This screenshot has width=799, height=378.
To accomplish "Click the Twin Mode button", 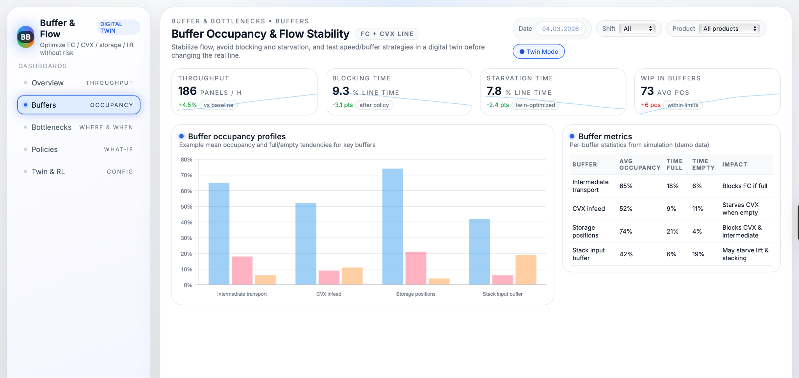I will pos(538,51).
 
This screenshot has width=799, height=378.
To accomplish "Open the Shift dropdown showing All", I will pos(637,28).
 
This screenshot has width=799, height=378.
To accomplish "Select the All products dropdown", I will pos(729,28).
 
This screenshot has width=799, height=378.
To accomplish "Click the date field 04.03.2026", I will pos(560,29).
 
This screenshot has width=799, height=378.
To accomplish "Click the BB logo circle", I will pos(26,37).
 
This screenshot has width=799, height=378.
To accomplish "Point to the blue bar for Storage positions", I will pos(392,226).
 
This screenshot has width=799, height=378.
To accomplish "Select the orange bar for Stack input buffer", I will pos(526,270).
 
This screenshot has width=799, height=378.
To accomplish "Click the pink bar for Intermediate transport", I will pos(242,270).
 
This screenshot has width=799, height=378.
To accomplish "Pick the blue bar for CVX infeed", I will pos(305,244).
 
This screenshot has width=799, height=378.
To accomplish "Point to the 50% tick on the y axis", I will pos(186,207).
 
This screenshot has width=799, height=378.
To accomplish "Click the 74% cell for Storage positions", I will pos(625,231).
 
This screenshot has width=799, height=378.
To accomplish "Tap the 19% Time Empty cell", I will pos(698,254).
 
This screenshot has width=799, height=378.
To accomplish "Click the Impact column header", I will pos(734,165).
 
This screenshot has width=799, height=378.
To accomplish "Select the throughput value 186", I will pos(187,91).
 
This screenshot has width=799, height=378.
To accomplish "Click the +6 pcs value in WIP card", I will pos(650,105).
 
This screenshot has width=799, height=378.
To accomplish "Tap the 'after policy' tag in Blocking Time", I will pos(374,105).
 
